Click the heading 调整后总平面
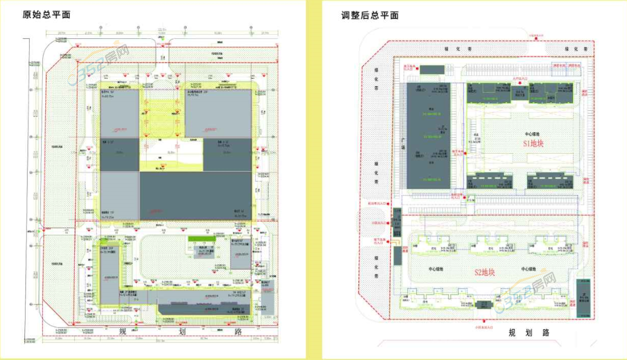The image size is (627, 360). pos(369,15)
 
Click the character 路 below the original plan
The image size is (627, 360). pos(237,332)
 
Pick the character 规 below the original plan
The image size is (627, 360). pos(123,332)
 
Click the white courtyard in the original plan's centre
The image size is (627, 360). pos(171,154)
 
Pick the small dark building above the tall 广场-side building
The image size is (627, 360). pos(430,70)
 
